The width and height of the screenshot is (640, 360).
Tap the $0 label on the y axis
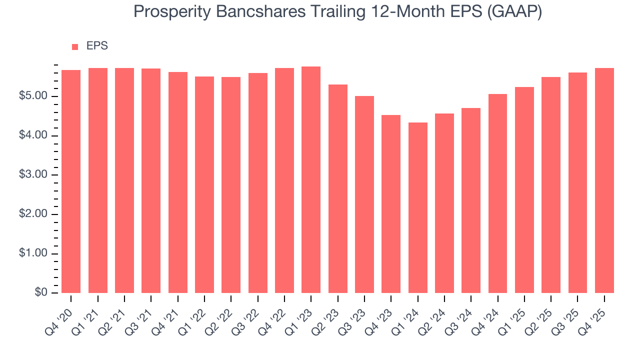click(x=41, y=293)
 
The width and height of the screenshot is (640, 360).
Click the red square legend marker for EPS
click(x=75, y=46)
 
